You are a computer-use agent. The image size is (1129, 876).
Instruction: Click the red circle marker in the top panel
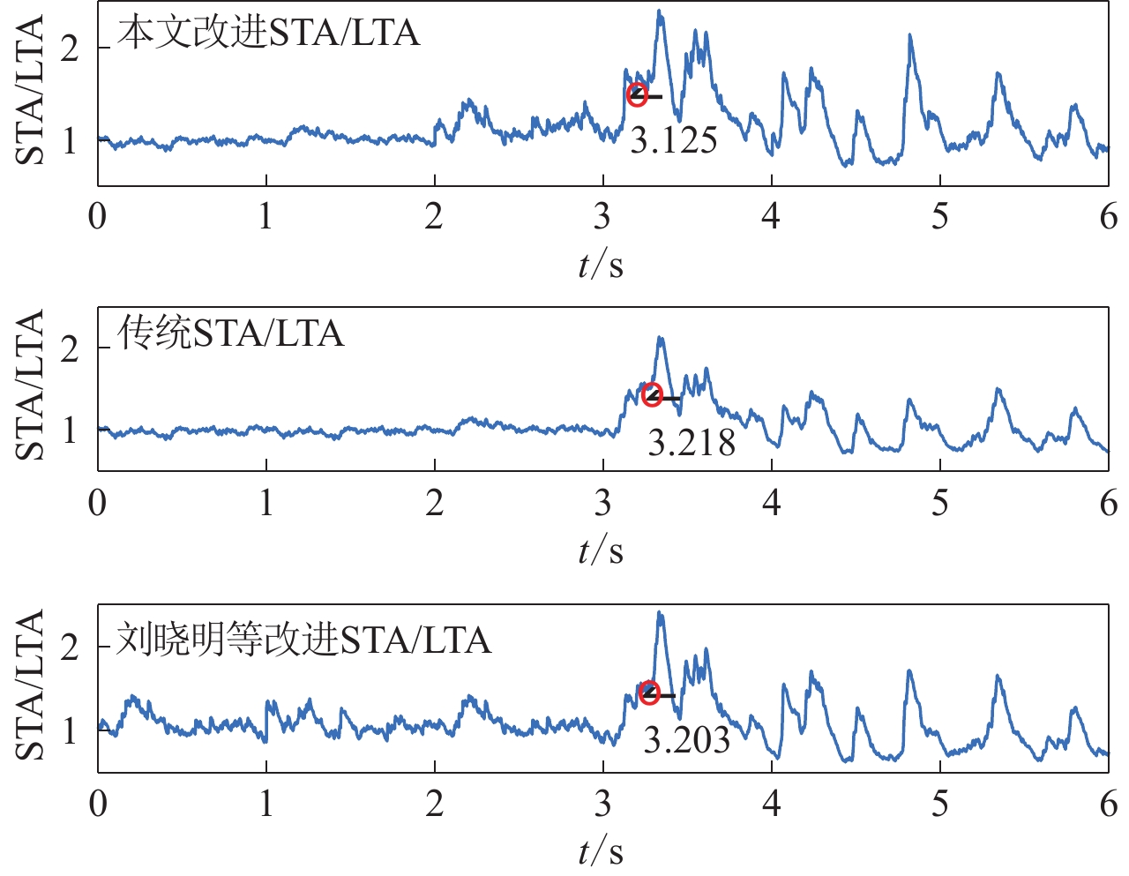637,95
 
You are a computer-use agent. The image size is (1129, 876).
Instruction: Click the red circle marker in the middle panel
652,394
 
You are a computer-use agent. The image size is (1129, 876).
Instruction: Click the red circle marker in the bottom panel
649,693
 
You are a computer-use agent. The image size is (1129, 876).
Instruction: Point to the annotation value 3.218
692,443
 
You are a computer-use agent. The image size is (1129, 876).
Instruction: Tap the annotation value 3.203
687,740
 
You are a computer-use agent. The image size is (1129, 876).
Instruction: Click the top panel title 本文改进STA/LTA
268,34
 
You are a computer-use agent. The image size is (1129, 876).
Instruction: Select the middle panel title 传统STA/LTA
230,334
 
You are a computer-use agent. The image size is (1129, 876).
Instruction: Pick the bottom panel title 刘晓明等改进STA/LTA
303,640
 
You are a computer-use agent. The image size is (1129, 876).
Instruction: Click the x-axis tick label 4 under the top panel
771,216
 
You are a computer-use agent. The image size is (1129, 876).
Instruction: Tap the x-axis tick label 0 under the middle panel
98,503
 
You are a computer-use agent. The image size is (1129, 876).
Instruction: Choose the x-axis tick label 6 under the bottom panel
1109,804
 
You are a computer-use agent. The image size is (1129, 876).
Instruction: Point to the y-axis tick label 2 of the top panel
70,49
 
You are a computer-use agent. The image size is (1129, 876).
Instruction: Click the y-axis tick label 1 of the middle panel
70,431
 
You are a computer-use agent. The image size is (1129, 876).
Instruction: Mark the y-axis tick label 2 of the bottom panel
70,648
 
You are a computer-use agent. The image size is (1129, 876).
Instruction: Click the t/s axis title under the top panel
601,264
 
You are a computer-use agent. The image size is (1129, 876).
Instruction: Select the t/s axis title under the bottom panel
601,851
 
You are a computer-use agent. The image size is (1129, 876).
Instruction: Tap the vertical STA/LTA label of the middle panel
31,386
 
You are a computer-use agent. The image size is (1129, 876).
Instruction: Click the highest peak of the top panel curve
659,12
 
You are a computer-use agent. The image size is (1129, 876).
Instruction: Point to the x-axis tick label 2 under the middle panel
434,503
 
